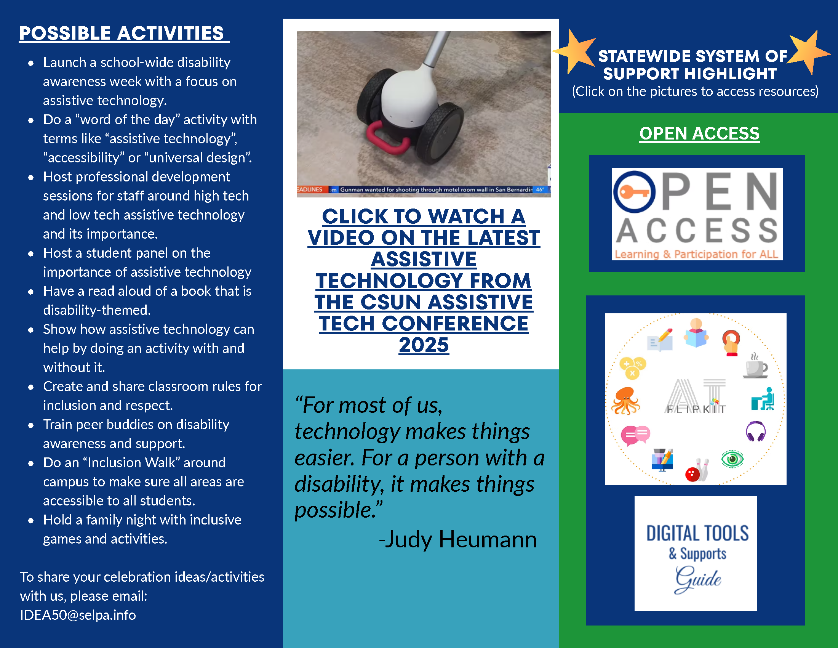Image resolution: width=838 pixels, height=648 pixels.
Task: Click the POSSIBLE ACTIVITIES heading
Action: coord(122,34)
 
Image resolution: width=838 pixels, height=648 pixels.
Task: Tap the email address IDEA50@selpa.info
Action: coord(78,615)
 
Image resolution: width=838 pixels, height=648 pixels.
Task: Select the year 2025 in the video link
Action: coord(424,345)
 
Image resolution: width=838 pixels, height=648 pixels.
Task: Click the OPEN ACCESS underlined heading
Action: coord(699,133)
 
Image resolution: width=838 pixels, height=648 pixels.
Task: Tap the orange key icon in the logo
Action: coord(633,192)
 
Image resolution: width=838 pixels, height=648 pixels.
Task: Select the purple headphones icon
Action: coord(755,431)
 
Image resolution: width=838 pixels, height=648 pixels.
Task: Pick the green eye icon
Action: coord(732,459)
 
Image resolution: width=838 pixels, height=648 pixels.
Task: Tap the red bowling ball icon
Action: coord(692,475)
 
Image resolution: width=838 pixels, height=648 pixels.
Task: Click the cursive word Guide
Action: coord(698,579)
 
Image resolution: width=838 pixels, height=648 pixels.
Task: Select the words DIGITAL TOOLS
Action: coord(697,533)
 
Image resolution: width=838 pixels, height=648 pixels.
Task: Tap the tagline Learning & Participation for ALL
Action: coord(696,254)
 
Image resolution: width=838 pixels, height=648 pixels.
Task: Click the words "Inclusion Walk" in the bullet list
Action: coord(131,463)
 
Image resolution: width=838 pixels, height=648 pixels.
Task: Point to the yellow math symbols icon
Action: coord(632,368)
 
